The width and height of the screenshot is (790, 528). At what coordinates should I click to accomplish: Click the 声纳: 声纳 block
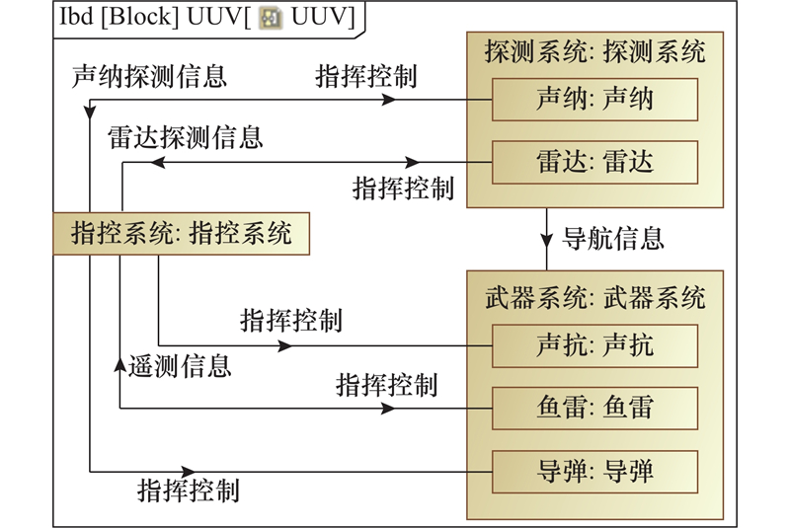[x=594, y=100]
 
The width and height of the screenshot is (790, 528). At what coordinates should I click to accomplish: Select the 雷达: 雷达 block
[x=594, y=161]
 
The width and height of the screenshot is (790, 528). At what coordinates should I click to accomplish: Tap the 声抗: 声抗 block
[x=594, y=345]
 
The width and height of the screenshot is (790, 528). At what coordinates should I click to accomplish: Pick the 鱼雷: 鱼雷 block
[x=594, y=407]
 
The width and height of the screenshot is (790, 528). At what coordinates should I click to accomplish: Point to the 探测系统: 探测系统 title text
[x=594, y=51]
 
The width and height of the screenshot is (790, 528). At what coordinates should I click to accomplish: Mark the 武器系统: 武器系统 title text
[x=594, y=296]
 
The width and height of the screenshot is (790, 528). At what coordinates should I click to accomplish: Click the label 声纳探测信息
[x=149, y=77]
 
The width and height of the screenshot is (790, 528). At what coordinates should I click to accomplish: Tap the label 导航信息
[x=612, y=238]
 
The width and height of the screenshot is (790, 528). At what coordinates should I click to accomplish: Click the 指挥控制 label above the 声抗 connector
[x=291, y=321]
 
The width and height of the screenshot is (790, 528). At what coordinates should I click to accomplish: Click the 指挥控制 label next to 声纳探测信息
[x=366, y=77]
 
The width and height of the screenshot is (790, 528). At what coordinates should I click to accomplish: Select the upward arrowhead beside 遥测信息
[x=120, y=366]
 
